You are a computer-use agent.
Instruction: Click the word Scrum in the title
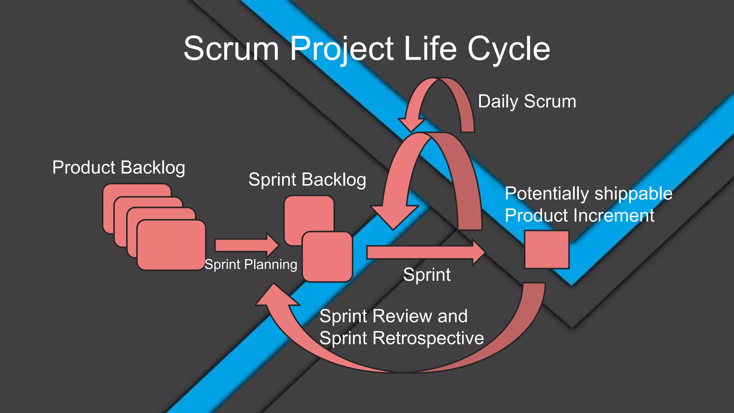click(231, 48)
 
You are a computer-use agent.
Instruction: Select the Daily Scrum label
click(527, 101)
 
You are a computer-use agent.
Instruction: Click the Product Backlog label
click(119, 167)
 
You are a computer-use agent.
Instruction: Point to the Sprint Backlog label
click(307, 179)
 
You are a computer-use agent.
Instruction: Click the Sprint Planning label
click(251, 265)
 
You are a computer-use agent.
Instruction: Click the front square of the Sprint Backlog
click(327, 257)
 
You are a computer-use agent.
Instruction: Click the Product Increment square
click(547, 250)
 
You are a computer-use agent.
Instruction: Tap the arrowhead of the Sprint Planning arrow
click(272, 245)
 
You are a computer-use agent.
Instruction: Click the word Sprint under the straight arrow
click(426, 275)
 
